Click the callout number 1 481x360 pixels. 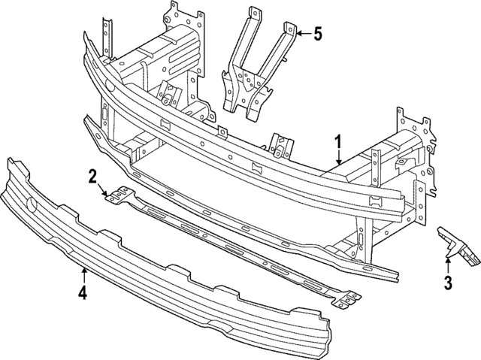(x=339, y=141)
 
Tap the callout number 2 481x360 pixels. (x=92, y=177)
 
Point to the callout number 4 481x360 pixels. (x=84, y=292)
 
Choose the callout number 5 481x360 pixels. (x=317, y=33)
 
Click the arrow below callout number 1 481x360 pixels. (x=339, y=158)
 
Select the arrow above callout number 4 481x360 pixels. (x=84, y=274)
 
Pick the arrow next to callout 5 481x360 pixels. (x=301, y=33)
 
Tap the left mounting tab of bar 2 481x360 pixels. (x=116, y=197)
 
